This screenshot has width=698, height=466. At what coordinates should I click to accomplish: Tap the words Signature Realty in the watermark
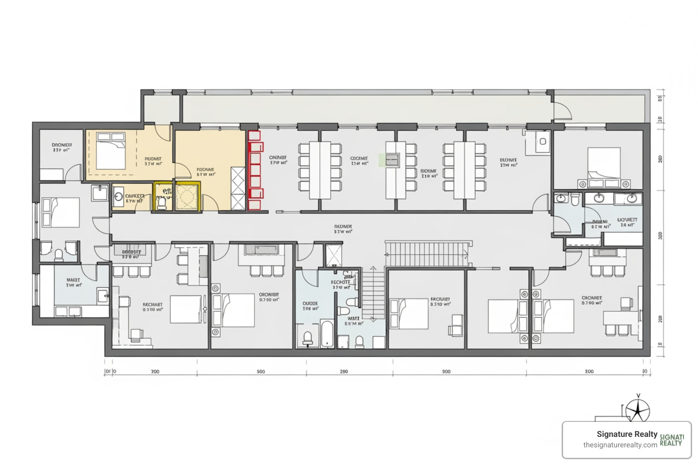627,434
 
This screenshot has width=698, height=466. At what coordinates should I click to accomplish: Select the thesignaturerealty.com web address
620,445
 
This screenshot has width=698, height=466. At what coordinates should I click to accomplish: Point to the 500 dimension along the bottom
260,372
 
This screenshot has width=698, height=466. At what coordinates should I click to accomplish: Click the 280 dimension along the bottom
344,372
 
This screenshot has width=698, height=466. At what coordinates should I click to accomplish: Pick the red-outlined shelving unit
255,170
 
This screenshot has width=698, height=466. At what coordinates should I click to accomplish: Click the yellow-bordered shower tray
187,197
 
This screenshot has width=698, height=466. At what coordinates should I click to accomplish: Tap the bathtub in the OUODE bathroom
327,334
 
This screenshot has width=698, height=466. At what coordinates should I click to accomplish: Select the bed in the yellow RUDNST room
110,150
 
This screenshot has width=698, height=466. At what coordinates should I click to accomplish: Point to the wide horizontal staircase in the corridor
426,254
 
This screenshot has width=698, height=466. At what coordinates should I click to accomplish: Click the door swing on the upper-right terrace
563,112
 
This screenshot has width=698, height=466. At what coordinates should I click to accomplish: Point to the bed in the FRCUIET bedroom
409,313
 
